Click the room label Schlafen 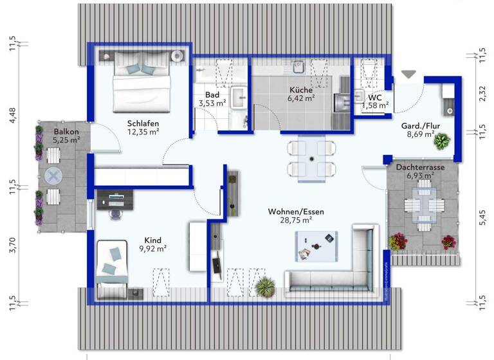pos(143,123)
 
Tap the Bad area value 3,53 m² pos(212,102)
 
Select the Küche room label pos(300,90)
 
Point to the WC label pos(375,97)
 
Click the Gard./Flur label pos(421,126)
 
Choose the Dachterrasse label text pos(420,167)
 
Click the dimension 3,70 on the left pos(12,244)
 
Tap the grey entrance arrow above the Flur pos(408,75)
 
